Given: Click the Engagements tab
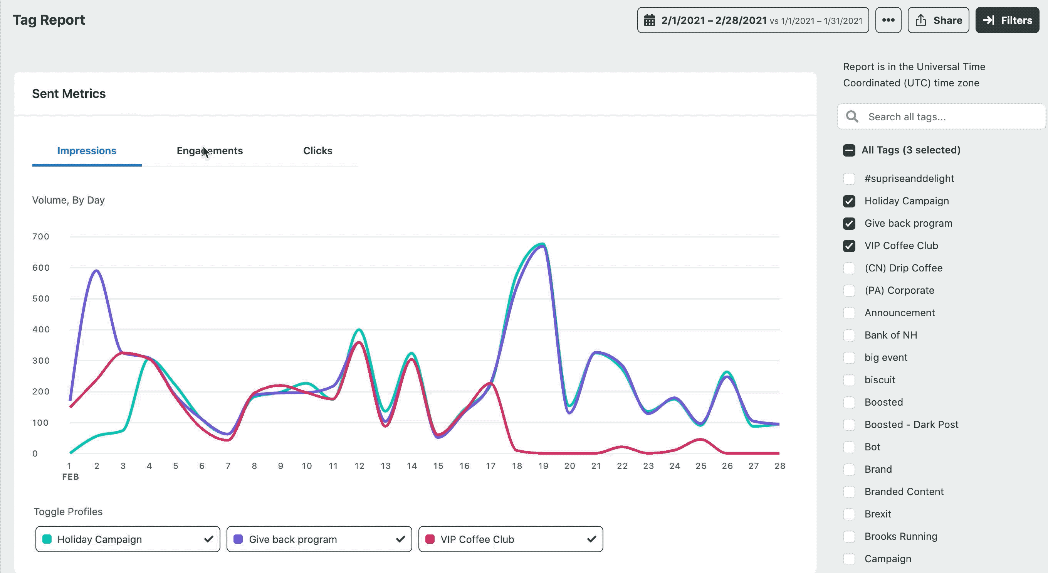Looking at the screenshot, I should click(210, 151).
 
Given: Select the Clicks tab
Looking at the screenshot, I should click(317, 151).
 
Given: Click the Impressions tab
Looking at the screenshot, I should click(87, 151).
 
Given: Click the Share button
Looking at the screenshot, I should click(938, 20).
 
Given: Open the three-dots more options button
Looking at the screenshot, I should click(888, 20).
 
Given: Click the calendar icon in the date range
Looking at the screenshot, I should click(650, 20).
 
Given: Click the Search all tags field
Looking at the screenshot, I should click(948, 117).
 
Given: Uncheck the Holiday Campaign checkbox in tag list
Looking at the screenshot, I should click(849, 201).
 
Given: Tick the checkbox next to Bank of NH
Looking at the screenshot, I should click(849, 335).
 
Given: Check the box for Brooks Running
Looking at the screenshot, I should click(849, 536).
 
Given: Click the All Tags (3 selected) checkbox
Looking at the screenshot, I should click(849, 150).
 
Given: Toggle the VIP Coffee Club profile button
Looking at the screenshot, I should click(510, 539).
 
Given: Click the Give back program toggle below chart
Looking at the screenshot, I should click(319, 539).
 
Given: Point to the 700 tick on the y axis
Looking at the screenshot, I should click(41, 237).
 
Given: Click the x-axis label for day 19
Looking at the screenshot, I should click(543, 466).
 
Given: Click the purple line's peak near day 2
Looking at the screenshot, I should click(96, 270).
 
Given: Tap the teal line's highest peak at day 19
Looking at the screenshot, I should click(542, 244).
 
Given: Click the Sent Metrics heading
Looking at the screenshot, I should click(69, 94).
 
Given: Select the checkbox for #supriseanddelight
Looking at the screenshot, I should click(849, 179).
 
